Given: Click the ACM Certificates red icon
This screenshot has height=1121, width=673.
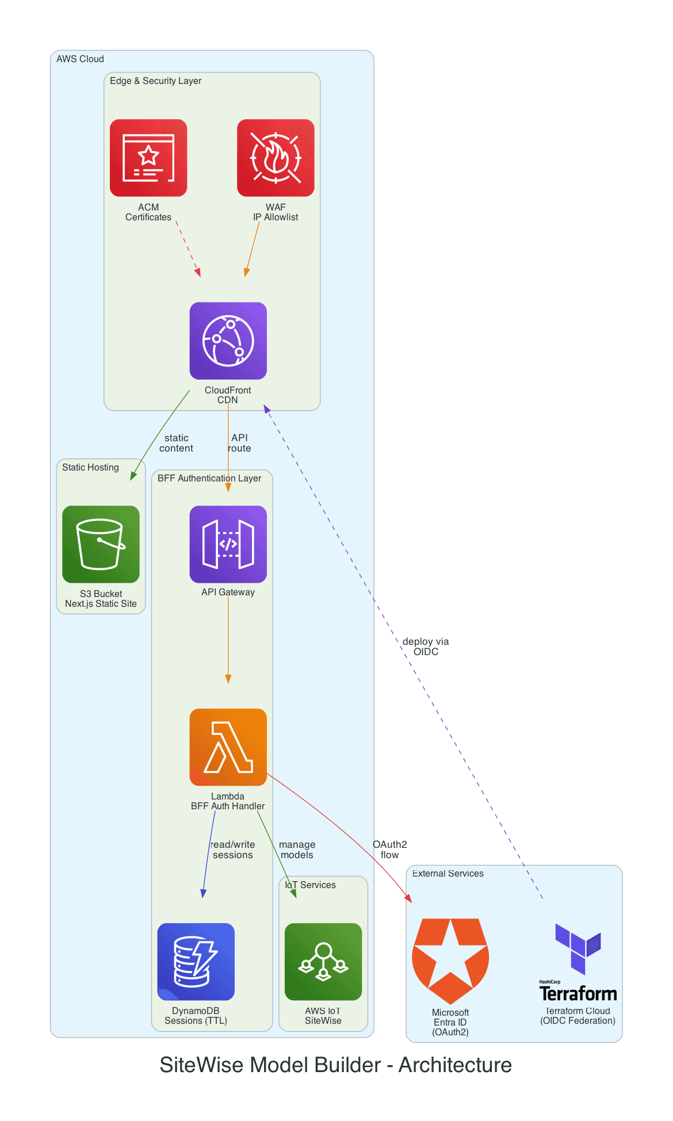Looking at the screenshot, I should pos(148,158).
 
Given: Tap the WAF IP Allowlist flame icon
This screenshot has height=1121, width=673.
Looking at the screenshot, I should pos(276,158).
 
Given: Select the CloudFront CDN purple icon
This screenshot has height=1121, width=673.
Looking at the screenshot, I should pos(228,340).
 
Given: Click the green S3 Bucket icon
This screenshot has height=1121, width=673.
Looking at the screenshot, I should pos(101,544).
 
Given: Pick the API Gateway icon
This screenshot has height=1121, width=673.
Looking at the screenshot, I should pos(228,544).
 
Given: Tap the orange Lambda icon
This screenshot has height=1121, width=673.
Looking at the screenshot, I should pos(228,747).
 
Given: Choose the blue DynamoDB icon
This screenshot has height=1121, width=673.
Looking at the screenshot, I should pos(196,961).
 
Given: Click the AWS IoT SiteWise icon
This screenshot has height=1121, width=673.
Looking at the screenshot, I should pos(323,961).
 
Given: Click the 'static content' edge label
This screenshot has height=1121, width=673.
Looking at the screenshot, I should pos(176,443).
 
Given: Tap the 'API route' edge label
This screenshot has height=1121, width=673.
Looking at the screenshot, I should pos(239,443).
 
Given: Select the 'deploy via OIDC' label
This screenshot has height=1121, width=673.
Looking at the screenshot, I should pos(426,646).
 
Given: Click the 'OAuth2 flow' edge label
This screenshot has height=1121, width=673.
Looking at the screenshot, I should pos(389,850).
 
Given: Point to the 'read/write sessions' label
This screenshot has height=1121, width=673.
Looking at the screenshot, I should pos(232,850).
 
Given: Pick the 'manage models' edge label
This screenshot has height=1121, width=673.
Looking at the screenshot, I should pos(297,850).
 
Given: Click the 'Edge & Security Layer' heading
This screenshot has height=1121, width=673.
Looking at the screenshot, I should pos(155,81).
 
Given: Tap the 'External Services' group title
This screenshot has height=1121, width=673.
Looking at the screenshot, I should pos(448,873).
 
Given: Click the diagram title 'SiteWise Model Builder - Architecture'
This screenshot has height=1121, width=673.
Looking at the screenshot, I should pos(335,1065).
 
